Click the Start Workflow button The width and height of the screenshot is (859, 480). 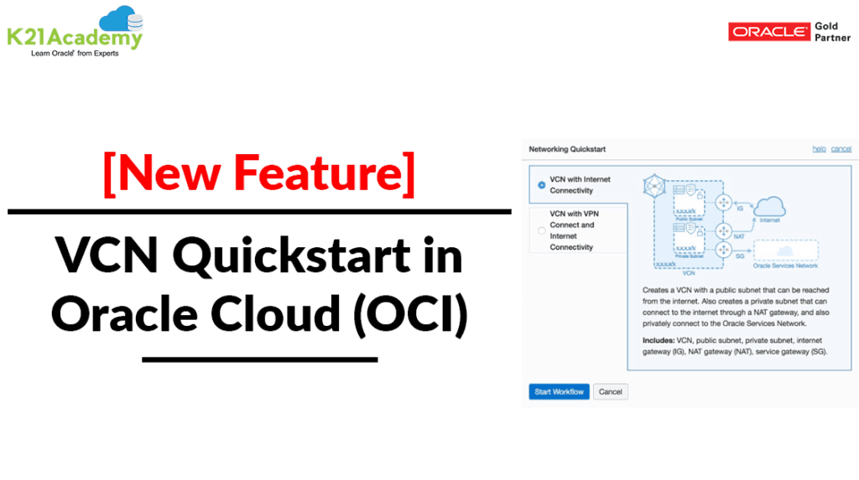tap(558, 392)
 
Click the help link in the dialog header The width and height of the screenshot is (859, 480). tap(820, 149)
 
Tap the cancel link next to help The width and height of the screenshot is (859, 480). tap(841, 149)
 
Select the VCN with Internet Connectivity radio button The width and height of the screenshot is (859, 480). tap(541, 185)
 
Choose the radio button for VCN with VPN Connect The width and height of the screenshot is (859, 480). tap(541, 230)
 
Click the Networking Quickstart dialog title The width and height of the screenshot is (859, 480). tap(567, 149)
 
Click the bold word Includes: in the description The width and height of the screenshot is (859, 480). tap(648, 341)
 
